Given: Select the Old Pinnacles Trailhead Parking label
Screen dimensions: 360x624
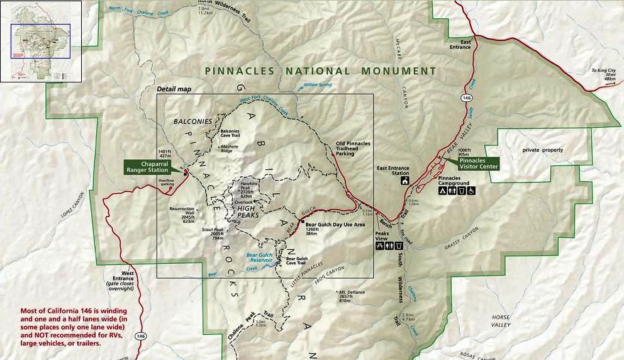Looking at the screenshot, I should [353, 148].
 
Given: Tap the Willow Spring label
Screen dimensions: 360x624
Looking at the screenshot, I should [318, 84].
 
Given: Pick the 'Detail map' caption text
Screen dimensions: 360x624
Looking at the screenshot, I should [174, 89].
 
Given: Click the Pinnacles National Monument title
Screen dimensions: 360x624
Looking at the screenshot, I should [320, 71].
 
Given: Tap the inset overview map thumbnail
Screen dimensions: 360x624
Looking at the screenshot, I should [41, 42].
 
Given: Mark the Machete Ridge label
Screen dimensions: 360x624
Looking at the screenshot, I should [230, 149].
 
